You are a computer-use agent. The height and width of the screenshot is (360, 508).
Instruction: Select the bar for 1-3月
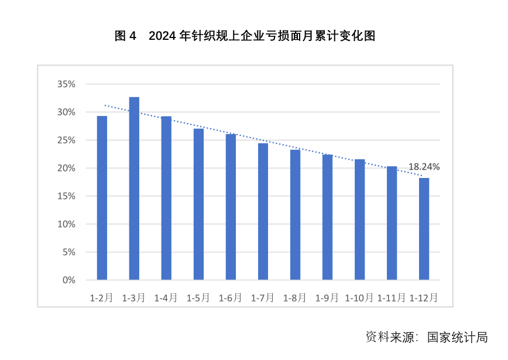tap(134, 188)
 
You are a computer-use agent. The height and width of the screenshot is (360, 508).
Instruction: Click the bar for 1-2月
tap(102, 198)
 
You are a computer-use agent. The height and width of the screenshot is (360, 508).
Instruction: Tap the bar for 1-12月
tap(424, 229)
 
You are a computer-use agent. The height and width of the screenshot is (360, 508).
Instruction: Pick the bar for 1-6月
tap(231, 207)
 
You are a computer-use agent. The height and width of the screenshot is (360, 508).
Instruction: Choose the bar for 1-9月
tap(327, 217)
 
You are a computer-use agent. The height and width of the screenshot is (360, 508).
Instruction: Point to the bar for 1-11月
tap(392, 223)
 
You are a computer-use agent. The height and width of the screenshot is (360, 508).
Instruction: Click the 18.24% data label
tap(424, 167)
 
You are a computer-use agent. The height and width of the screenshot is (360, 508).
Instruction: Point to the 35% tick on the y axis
tap(66, 84)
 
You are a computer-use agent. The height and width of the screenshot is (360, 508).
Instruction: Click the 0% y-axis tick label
tap(69, 280)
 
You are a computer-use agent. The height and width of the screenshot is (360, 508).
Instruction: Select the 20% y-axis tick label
tap(66, 169)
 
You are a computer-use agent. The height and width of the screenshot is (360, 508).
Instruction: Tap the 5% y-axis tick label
tap(69, 252)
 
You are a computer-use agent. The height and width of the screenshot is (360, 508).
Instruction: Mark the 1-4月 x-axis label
tap(166, 298)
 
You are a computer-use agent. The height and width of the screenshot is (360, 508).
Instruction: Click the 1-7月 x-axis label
tap(262, 298)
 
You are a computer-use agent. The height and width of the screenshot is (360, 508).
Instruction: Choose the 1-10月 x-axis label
tap(359, 298)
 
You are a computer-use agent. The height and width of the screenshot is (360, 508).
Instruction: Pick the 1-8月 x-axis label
tap(294, 298)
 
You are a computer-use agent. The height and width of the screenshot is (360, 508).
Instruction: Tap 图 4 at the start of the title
tap(125, 36)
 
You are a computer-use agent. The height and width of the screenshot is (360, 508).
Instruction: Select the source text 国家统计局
tap(457, 338)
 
